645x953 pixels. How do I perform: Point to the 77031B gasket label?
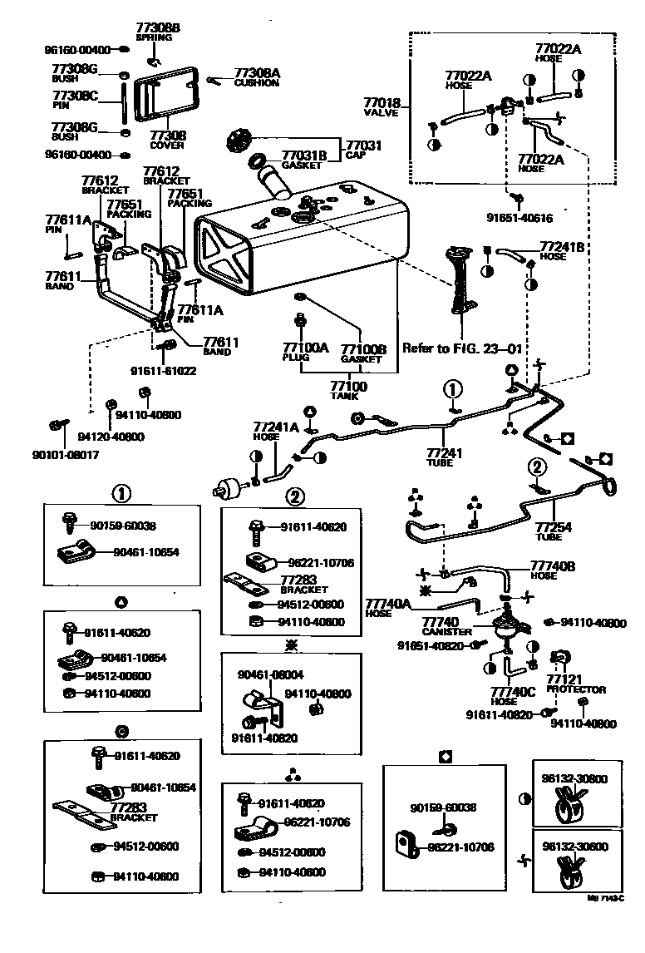coord(304,156)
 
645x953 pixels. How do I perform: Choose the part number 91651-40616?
coord(519,218)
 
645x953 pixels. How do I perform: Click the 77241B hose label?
coord(563,247)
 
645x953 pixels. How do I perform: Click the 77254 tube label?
coord(554,527)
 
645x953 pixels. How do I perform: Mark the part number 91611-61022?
coord(163,371)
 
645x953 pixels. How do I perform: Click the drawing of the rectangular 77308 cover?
coord(165,99)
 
